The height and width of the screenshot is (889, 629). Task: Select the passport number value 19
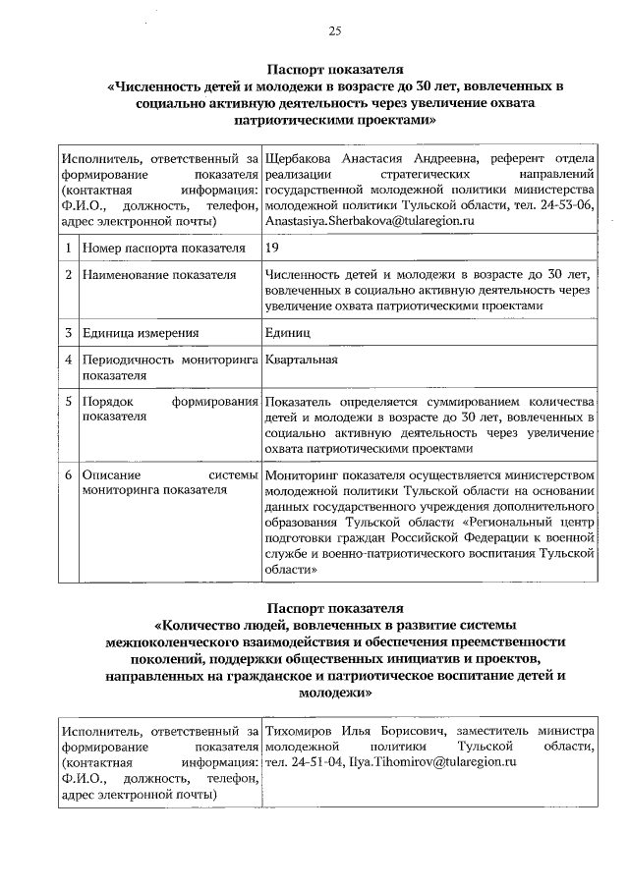click(x=272, y=249)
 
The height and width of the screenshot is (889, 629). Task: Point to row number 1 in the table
click(x=68, y=249)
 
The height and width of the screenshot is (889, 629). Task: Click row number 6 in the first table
click(x=68, y=474)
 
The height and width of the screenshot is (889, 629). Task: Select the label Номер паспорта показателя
click(x=163, y=249)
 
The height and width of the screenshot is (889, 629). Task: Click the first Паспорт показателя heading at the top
click(x=335, y=70)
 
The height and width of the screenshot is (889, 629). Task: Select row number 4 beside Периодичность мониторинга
click(x=68, y=360)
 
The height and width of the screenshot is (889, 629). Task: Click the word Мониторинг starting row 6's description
click(x=300, y=474)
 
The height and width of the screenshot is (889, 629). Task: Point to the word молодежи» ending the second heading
click(x=335, y=692)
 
